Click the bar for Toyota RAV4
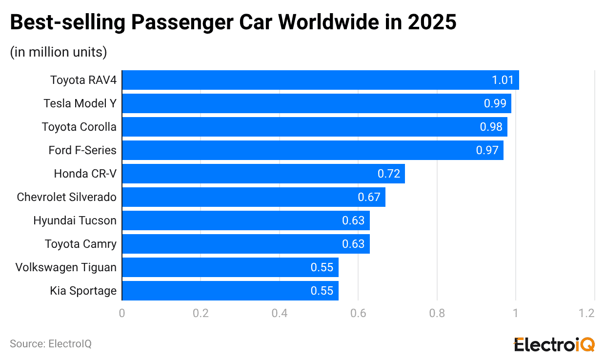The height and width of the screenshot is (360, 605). tap(320, 80)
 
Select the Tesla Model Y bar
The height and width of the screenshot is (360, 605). tap(316, 103)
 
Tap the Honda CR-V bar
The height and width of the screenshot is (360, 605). tap(263, 174)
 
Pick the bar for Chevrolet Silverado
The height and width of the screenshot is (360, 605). tap(254, 197)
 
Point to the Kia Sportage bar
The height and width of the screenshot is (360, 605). tap(230, 291)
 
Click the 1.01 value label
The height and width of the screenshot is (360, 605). tap(503, 80)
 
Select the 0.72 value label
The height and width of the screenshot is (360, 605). tap(389, 174)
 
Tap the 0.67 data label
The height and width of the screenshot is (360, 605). tap(369, 197)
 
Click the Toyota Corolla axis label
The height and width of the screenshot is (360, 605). tap(79, 127)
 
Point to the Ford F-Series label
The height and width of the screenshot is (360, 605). tap(82, 150)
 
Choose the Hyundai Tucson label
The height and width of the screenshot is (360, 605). tap(75, 220)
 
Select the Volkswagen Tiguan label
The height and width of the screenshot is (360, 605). tap(66, 267)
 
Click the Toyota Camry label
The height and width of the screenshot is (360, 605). tap(81, 244)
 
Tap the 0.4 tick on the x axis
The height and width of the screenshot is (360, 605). tap(280, 313)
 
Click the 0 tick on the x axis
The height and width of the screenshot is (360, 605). tap(122, 313)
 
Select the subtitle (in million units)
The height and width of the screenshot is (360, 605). tap(59, 52)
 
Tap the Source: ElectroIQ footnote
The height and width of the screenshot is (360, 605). tap(51, 344)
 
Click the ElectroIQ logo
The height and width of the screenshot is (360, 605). tap(555, 343)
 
